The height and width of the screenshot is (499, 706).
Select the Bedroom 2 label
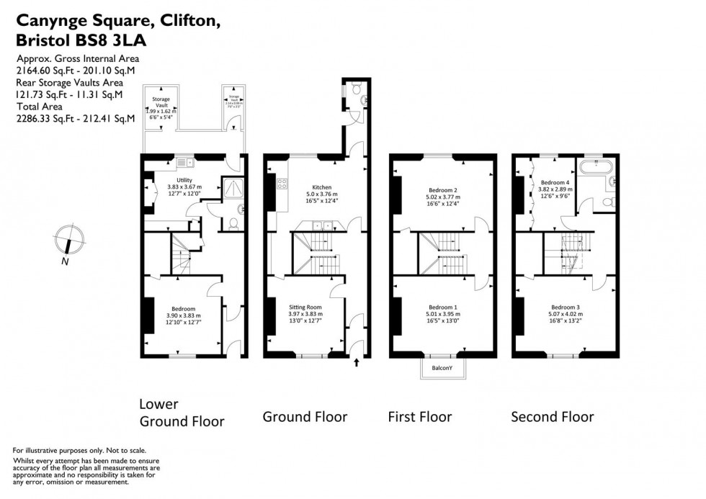[443, 190]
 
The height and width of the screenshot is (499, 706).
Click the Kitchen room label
[321, 186]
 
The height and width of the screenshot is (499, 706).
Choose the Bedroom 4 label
[555, 183]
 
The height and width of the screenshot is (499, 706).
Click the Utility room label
[184, 181]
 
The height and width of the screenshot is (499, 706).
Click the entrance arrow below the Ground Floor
[356, 364]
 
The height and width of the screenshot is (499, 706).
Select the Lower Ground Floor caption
[182, 413]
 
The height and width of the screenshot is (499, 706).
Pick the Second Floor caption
[552, 416]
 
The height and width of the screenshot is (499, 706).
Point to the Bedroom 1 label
[443, 307]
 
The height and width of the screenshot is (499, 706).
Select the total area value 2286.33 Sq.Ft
[46, 119]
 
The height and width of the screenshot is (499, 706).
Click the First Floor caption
[419, 416]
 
